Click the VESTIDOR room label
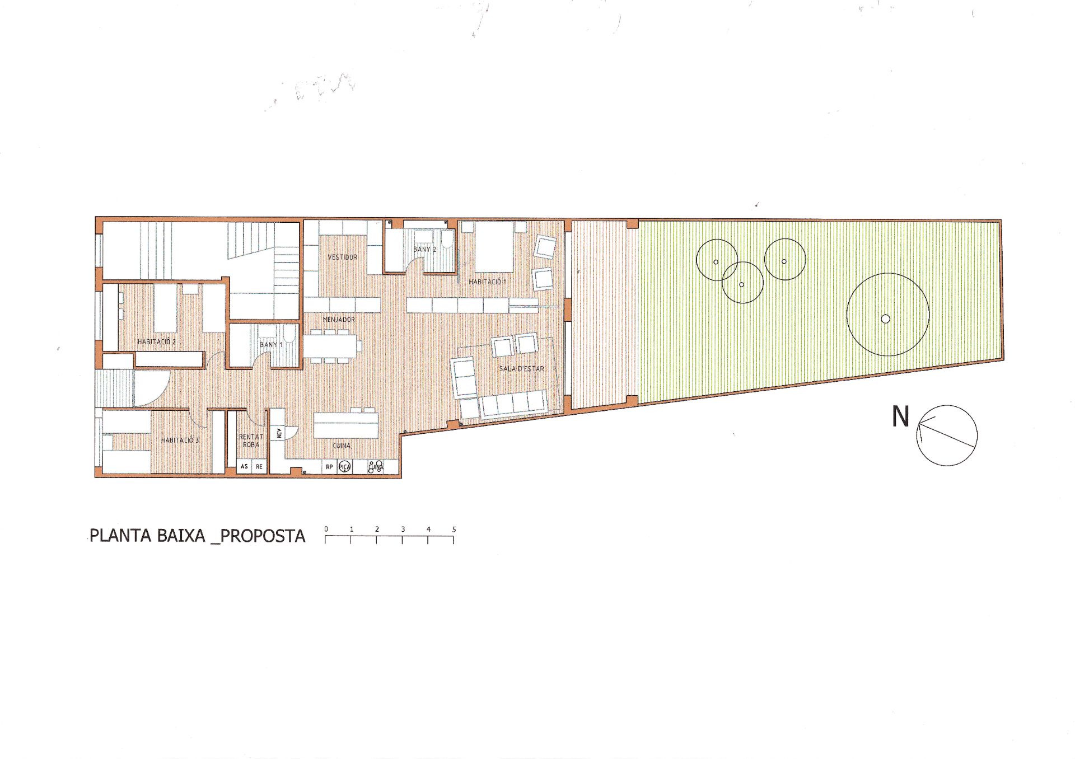[342, 257]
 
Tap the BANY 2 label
[424, 249]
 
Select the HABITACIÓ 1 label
[487, 282]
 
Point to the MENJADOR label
[339, 319]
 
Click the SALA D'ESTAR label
[521, 368]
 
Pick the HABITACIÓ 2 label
[157, 341]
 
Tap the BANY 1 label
[271, 345]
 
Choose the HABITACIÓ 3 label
[180, 440]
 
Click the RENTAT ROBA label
[251, 441]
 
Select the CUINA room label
[342, 446]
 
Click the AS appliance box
[244, 466]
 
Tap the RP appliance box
[329, 467]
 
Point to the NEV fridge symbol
[278, 433]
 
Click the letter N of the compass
[900, 417]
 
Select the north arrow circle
[947, 435]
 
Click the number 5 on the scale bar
[454, 529]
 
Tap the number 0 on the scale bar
[326, 529]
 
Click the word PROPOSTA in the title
[263, 536]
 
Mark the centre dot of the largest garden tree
[885, 319]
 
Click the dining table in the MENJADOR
[332, 345]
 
